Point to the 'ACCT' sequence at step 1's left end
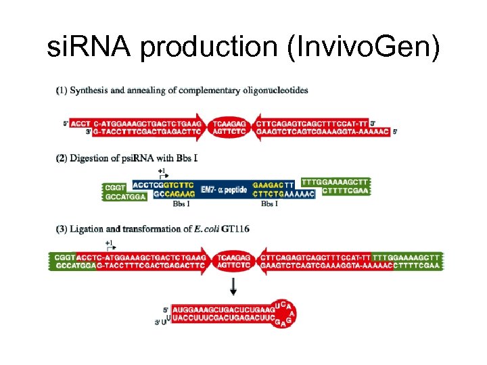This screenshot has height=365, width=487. (80, 124)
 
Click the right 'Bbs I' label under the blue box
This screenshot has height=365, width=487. (270, 203)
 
